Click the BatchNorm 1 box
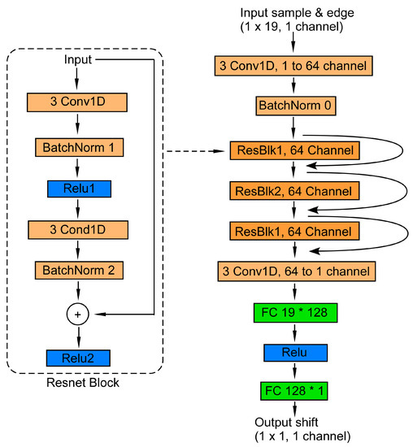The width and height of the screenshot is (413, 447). coord(77,147)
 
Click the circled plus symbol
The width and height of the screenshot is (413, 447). coord(77,314)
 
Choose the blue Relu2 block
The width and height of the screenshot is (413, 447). coord(77,357)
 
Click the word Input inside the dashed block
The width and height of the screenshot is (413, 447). coord(77,60)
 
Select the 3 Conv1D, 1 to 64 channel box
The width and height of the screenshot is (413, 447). coord(295,65)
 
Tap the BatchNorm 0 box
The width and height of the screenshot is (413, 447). coord(295,106)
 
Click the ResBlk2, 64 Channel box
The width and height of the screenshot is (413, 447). coord(295,192)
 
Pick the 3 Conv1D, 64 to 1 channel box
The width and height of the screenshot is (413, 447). coord(295,271)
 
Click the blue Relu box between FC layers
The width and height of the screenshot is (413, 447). coord(295,353)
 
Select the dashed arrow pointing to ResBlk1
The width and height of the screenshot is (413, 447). coord(195,151)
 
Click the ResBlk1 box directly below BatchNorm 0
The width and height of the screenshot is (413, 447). coord(295,151)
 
